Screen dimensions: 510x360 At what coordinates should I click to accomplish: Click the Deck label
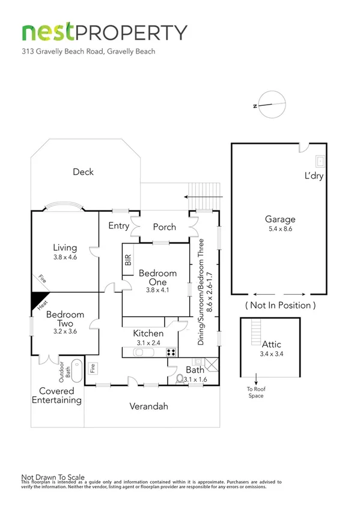[83, 172]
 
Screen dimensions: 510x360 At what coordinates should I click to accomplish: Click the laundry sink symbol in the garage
[320, 161]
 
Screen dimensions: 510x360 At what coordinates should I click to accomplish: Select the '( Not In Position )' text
[280, 305]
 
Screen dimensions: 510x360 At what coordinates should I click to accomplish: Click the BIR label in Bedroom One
[127, 260]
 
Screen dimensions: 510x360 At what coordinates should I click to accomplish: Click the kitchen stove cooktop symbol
[171, 352]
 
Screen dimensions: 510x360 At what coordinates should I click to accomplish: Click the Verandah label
[149, 407]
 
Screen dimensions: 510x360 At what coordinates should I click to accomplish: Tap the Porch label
[164, 227]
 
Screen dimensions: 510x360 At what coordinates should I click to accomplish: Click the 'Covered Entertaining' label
[56, 396]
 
